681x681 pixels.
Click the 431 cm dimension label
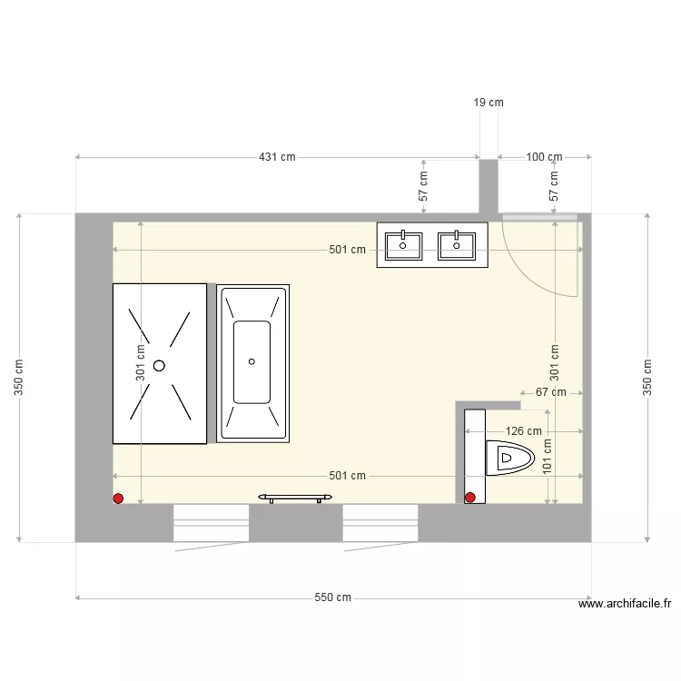pos(277,157)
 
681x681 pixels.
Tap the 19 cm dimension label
pos(489,104)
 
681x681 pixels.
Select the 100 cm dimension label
pos(544,157)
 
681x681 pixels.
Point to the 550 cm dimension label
pos(333,597)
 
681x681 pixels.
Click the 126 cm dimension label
pos(523,432)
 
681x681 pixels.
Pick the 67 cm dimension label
pos(551,393)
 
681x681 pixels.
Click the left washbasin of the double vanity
pos(403,245)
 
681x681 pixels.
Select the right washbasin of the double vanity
pos(456,245)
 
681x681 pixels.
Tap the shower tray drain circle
pos(160,365)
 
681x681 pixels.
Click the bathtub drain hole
pos(252,361)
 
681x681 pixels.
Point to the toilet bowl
pos(510,459)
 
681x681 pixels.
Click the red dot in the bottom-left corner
pos(118,498)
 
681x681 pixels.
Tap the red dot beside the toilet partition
pos(470,497)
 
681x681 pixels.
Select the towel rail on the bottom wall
pos(294,497)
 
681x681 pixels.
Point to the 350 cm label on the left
pos(20,378)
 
